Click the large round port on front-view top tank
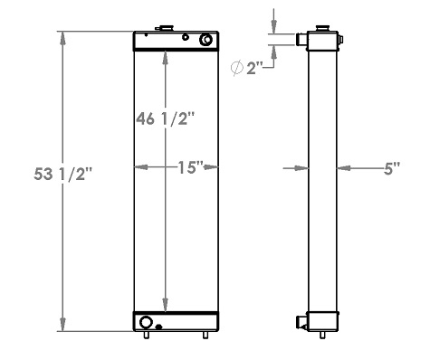click(207, 40)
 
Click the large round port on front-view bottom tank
click(147, 321)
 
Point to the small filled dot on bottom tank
click(159, 327)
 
